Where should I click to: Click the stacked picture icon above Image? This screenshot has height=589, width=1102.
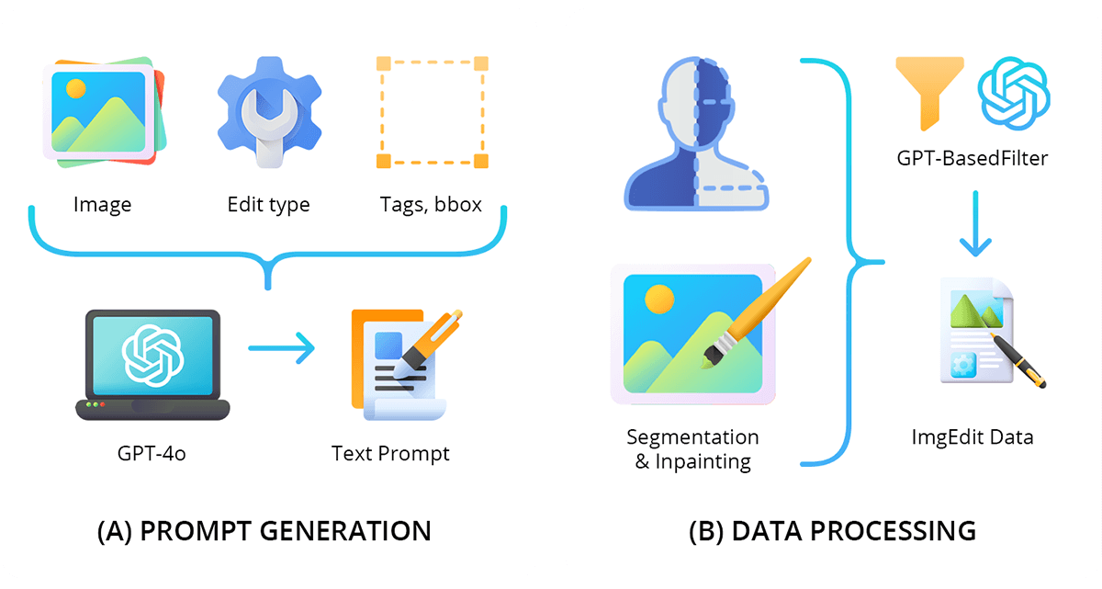(x=103, y=113)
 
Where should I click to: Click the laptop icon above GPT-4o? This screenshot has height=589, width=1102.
(x=152, y=364)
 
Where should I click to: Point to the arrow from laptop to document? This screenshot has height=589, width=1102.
(x=281, y=349)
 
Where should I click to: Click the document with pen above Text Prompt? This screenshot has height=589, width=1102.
(x=400, y=364)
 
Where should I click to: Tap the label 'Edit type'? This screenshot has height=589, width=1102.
(x=268, y=204)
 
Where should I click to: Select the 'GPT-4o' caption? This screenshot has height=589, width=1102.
(x=152, y=454)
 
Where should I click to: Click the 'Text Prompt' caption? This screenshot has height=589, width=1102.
(x=390, y=454)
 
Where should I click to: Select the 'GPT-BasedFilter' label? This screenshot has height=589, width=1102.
(x=972, y=158)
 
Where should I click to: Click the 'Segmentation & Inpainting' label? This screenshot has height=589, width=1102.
(x=692, y=448)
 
